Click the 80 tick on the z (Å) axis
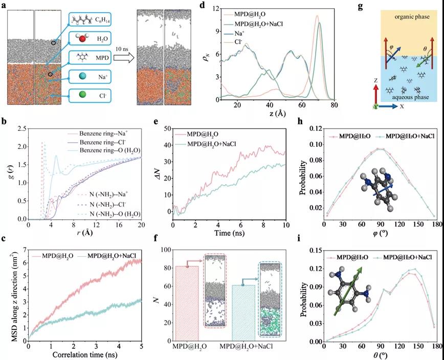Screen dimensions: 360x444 click(334, 105)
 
